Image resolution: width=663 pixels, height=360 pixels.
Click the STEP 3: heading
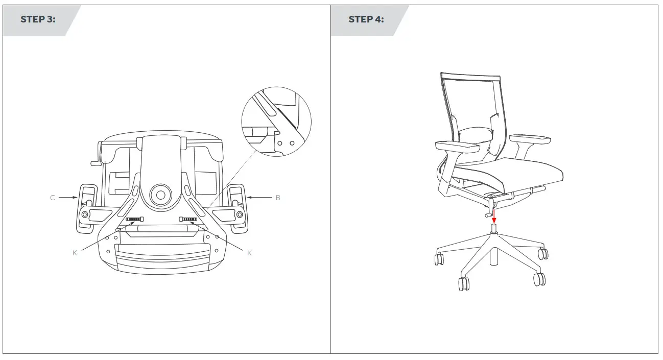38,20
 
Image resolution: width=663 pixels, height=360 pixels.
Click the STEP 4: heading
366,20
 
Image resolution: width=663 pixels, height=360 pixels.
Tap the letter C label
53,198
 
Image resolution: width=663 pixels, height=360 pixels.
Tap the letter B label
278,198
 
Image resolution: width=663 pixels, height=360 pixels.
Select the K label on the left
75,253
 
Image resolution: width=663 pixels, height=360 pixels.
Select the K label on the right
249,253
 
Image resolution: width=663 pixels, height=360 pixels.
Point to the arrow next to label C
67,198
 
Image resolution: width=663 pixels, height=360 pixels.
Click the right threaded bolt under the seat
188,219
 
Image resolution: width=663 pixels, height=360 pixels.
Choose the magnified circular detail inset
276,122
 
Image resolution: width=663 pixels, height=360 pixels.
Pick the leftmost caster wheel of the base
438,259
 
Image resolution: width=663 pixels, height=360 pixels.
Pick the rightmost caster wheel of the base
543,254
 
